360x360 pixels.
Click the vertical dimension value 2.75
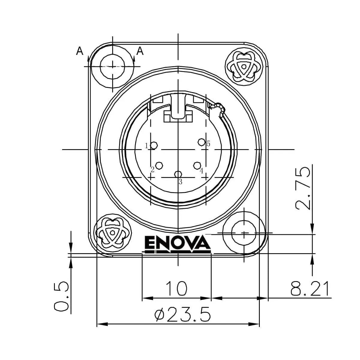pyautogui.click(x=302, y=188)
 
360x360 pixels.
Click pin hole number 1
pyautogui.click(x=154, y=145)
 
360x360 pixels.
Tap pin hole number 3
pyautogui.click(x=178, y=174)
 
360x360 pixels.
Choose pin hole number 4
pyautogui.click(x=197, y=165)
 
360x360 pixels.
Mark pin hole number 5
pyautogui.click(x=202, y=142)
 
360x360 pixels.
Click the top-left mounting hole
pyautogui.click(x=112, y=66)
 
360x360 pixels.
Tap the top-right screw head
pyautogui.click(x=244, y=66)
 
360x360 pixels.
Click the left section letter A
pyautogui.click(x=79, y=51)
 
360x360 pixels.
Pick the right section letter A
pyautogui.click(x=140, y=51)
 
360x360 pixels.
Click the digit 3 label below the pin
pyautogui.click(x=180, y=182)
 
